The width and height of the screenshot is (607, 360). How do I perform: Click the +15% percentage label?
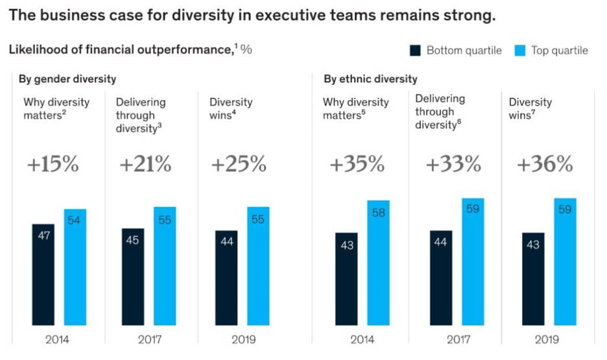53,165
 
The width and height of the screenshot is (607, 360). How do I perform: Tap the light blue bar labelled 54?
75,267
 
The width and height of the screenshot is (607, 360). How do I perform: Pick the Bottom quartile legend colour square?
416,51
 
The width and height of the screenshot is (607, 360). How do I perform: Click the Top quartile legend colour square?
520,51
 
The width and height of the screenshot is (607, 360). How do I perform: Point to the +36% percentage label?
545,165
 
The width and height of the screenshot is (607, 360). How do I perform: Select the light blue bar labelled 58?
379,262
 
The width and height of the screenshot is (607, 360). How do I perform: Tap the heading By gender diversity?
67,79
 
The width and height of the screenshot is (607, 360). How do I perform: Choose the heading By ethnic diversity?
370,79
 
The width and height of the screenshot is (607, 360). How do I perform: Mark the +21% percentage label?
145,165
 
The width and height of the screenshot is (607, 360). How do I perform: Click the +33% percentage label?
453,165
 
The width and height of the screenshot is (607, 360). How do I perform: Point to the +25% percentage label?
239,165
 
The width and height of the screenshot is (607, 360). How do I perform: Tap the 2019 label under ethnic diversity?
546,339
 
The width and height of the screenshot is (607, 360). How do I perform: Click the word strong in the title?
472,16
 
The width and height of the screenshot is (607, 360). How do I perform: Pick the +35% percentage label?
357,165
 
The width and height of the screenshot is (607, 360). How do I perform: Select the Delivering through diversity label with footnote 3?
140,115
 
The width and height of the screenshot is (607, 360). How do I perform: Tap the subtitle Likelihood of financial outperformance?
119,50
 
